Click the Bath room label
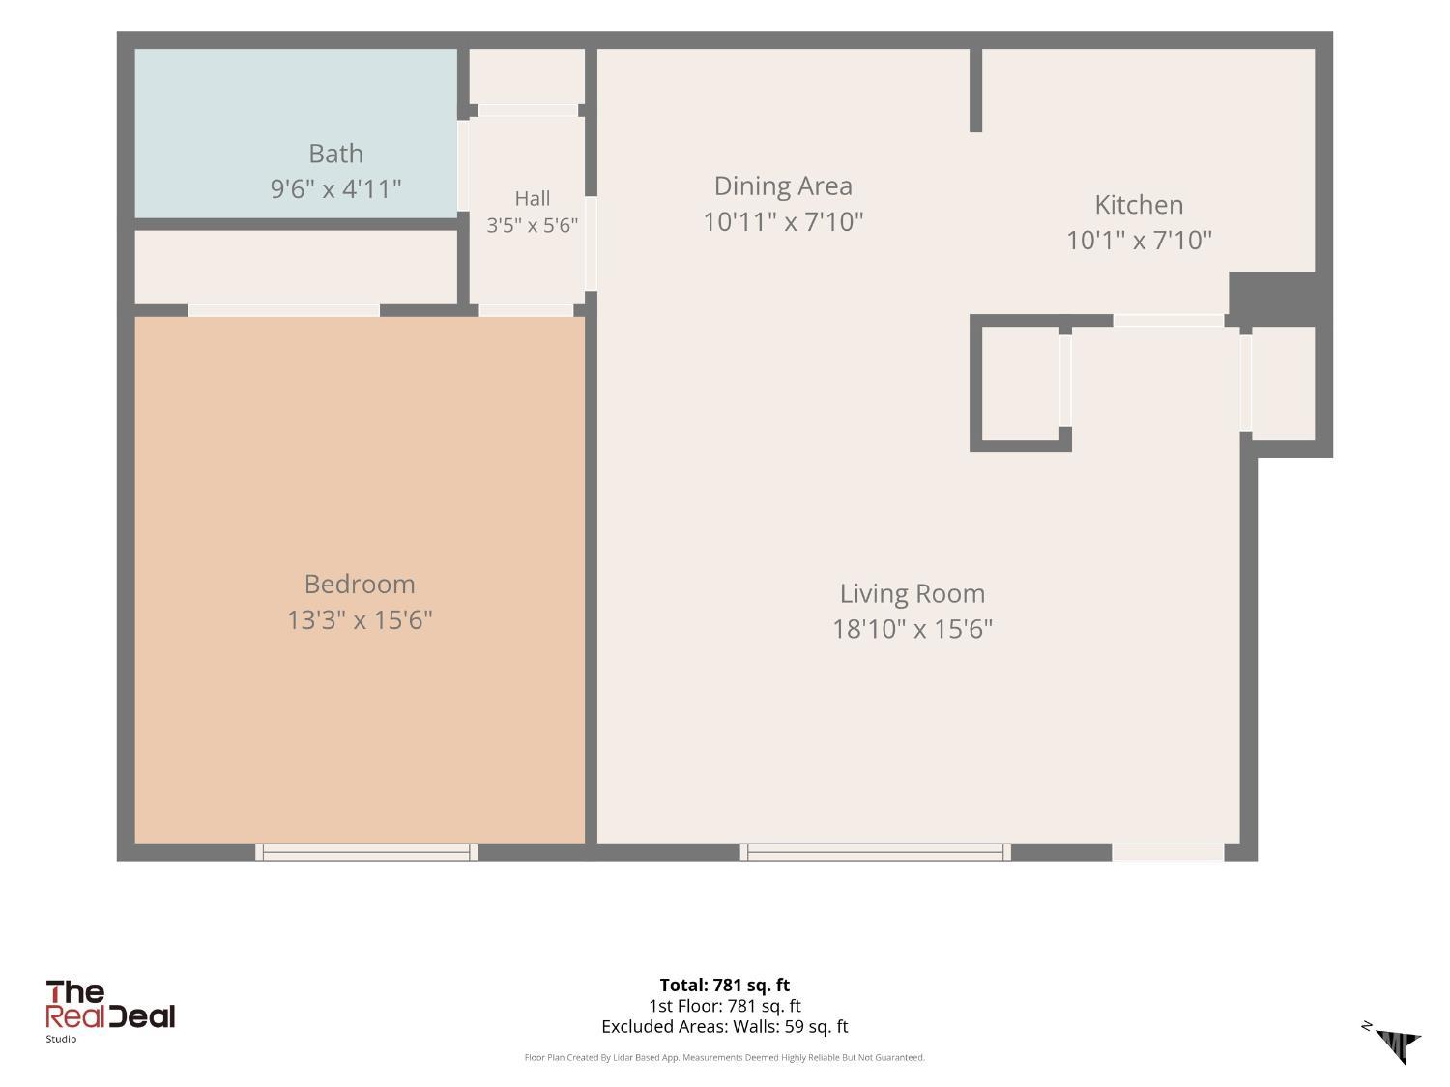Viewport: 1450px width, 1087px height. coord(335,154)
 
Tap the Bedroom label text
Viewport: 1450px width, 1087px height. coord(360,585)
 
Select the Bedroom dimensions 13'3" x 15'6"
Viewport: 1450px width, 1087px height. coord(360,619)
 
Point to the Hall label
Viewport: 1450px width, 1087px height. coord(533,198)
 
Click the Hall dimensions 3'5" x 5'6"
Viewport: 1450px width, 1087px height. coord(533,226)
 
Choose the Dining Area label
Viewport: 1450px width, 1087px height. coord(783,186)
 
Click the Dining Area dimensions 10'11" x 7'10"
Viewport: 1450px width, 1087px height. coord(783,222)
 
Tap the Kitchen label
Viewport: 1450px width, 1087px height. coord(1139,205)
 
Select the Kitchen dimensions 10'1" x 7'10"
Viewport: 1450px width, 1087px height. coord(1139,241)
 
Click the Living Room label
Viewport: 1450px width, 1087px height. coord(913,594)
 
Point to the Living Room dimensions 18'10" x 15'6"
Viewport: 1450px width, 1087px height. coord(913,629)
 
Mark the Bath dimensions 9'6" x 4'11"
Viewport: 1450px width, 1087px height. coord(335,189)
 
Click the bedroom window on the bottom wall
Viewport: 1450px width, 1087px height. coord(366,852)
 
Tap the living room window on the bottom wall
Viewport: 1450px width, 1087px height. coord(875,852)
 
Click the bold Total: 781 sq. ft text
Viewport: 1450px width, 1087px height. coord(725,986)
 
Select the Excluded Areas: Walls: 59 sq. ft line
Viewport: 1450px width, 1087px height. coord(725,1027)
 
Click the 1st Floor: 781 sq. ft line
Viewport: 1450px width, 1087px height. coord(725,1007)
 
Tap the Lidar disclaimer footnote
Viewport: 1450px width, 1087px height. coord(725,1058)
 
